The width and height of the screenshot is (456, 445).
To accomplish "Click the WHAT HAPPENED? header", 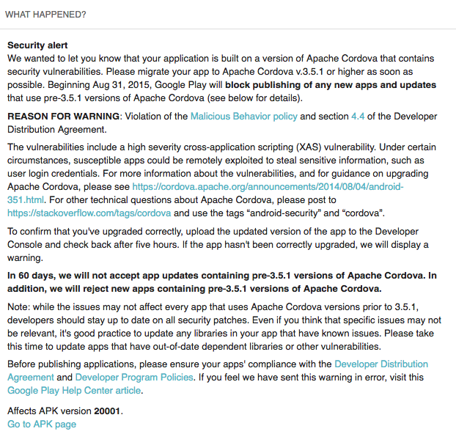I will pyautogui.click(x=45, y=14).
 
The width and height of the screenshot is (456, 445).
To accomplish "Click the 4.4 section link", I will pyautogui.click(x=358, y=116).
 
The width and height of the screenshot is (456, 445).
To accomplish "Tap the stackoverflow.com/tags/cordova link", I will pyautogui.click(x=89, y=213).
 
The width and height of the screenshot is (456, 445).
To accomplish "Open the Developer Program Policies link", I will pyautogui.click(x=135, y=377).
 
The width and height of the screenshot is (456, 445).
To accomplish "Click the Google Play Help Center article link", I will pyautogui.click(x=74, y=390).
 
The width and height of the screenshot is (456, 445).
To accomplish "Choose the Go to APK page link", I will pyautogui.click(x=41, y=424).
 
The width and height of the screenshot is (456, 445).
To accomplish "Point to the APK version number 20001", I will pyautogui.click(x=106, y=411).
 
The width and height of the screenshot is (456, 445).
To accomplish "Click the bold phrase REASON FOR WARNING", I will pyautogui.click(x=63, y=116).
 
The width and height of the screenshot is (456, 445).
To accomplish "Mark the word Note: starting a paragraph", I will pyautogui.click(x=20, y=306).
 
